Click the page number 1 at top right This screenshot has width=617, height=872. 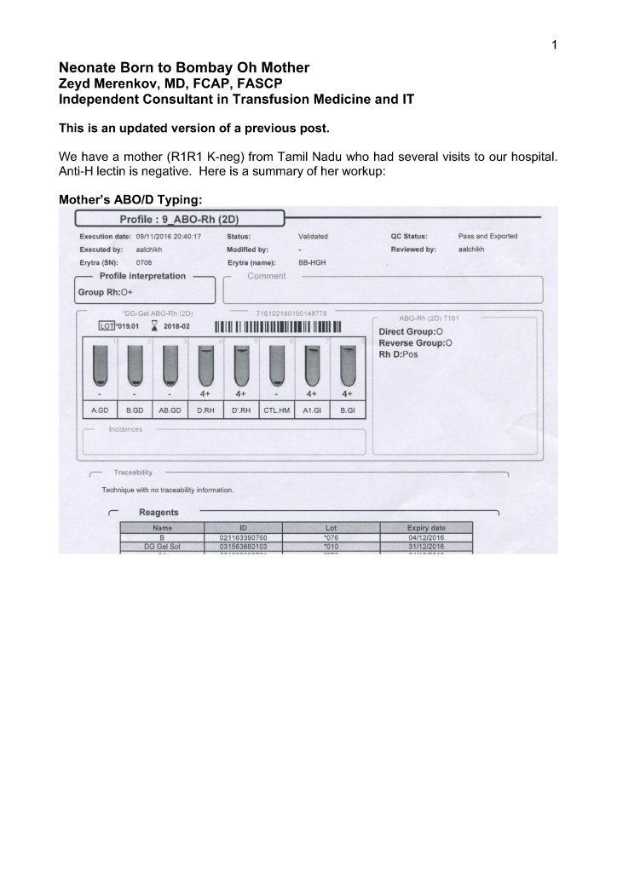click(x=553, y=45)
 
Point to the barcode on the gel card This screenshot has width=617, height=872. click(x=278, y=329)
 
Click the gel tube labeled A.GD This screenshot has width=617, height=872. click(x=100, y=362)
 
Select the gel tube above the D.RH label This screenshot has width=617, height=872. click(x=205, y=362)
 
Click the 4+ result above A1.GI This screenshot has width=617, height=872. click(x=312, y=395)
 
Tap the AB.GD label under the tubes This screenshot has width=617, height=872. click(x=170, y=409)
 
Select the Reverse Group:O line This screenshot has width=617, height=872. click(x=416, y=342)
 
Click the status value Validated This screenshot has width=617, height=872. click(x=313, y=236)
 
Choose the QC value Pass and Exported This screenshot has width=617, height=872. click(x=487, y=236)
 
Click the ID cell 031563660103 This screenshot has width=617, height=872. click(x=238, y=547)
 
